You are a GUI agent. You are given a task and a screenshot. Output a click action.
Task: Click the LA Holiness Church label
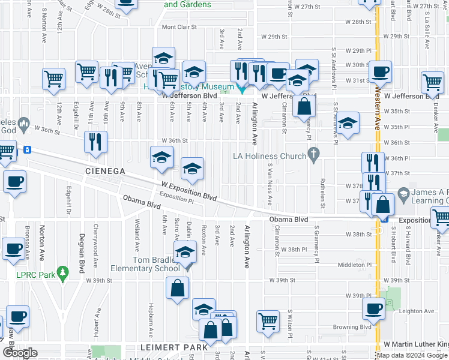pyautogui.click(x=270, y=157)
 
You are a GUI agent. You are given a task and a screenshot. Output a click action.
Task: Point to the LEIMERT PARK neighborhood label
pyautogui.click(x=173, y=347)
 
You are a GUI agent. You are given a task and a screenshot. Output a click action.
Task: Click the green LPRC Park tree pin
pyautogui.click(x=61, y=272)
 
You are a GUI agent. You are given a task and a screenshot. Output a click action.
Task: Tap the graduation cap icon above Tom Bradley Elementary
pyautogui.click(x=185, y=250)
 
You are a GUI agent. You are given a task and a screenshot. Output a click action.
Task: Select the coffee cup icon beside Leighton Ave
pyautogui.click(x=375, y=309)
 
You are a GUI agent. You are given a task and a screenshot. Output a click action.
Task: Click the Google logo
pyautogui.click(x=20, y=353)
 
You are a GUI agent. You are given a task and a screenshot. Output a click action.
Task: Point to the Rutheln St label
pyautogui.click(x=322, y=194)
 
